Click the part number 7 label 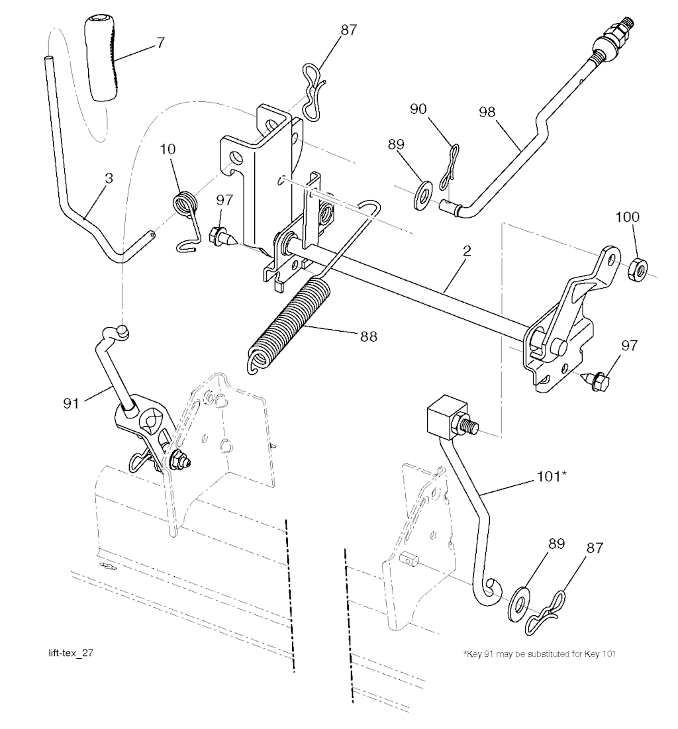point(160,43)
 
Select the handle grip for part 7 point(101,58)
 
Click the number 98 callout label point(487,112)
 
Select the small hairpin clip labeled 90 point(450,165)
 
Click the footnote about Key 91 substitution point(539,654)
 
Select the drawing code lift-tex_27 point(71,653)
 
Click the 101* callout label point(552,477)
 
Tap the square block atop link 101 point(446,417)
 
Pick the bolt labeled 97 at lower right point(597,380)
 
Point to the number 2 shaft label point(467,251)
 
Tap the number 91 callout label point(71,403)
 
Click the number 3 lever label point(109,179)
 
